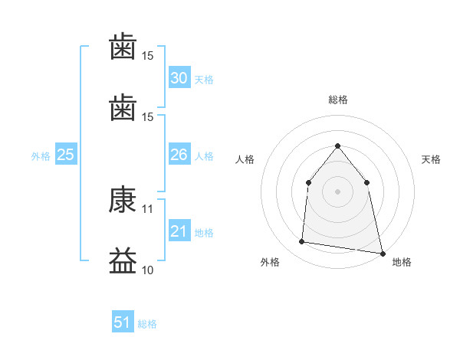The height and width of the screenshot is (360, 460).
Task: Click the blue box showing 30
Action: click(x=179, y=78)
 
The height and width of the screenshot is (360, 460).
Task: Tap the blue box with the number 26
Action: click(x=179, y=155)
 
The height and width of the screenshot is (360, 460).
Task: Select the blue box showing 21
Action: click(x=179, y=231)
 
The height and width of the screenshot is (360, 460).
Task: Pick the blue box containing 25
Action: click(x=65, y=155)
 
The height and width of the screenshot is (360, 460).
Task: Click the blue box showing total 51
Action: click(x=123, y=322)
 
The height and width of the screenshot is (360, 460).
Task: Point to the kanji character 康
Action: click(x=123, y=201)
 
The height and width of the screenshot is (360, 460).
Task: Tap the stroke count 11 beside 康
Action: click(x=148, y=208)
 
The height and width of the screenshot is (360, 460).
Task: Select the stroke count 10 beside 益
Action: click(x=148, y=270)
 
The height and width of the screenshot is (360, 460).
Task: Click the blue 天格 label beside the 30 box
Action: click(x=204, y=80)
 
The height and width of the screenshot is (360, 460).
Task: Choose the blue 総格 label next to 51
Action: click(x=147, y=324)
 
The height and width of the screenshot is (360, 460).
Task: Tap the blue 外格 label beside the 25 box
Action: click(x=41, y=156)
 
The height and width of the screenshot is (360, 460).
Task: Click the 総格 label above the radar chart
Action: click(x=337, y=100)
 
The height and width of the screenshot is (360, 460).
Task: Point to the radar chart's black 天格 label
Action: click(x=432, y=159)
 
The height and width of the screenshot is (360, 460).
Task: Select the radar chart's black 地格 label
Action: click(x=402, y=262)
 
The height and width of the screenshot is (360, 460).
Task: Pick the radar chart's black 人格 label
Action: click(x=245, y=159)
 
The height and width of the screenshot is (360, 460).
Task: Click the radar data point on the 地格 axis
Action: click(x=382, y=252)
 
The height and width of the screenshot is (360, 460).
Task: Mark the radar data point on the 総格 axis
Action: click(x=337, y=146)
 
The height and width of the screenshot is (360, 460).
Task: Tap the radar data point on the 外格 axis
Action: click(x=302, y=242)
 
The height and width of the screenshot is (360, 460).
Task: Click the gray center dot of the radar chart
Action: click(x=337, y=191)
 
